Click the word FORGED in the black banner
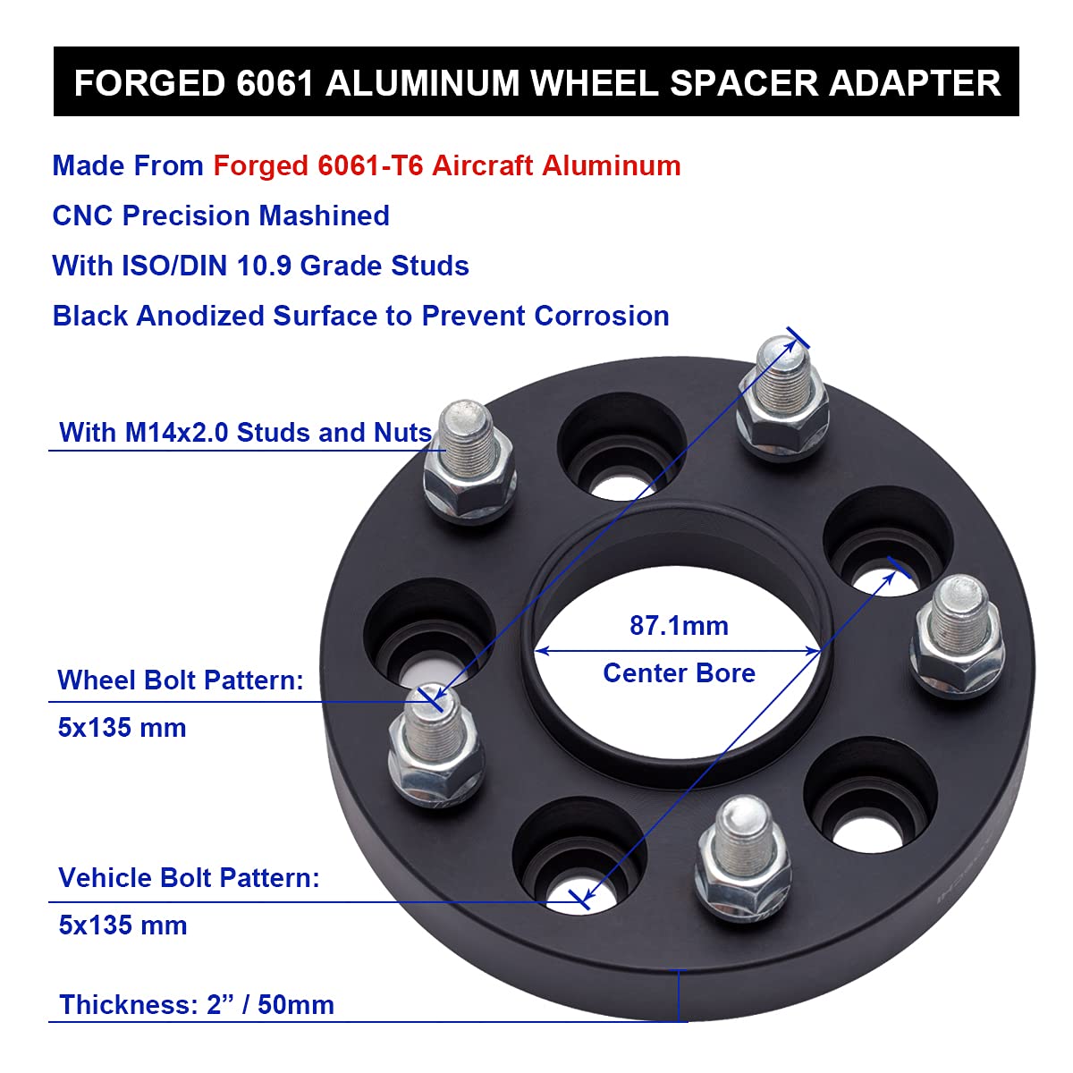point(149,83)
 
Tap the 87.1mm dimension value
point(679,625)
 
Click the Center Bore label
point(679,672)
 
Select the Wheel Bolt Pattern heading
point(181,680)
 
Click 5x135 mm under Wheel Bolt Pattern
point(123,728)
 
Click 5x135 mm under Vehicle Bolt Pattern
point(123,925)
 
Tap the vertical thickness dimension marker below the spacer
point(680,994)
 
